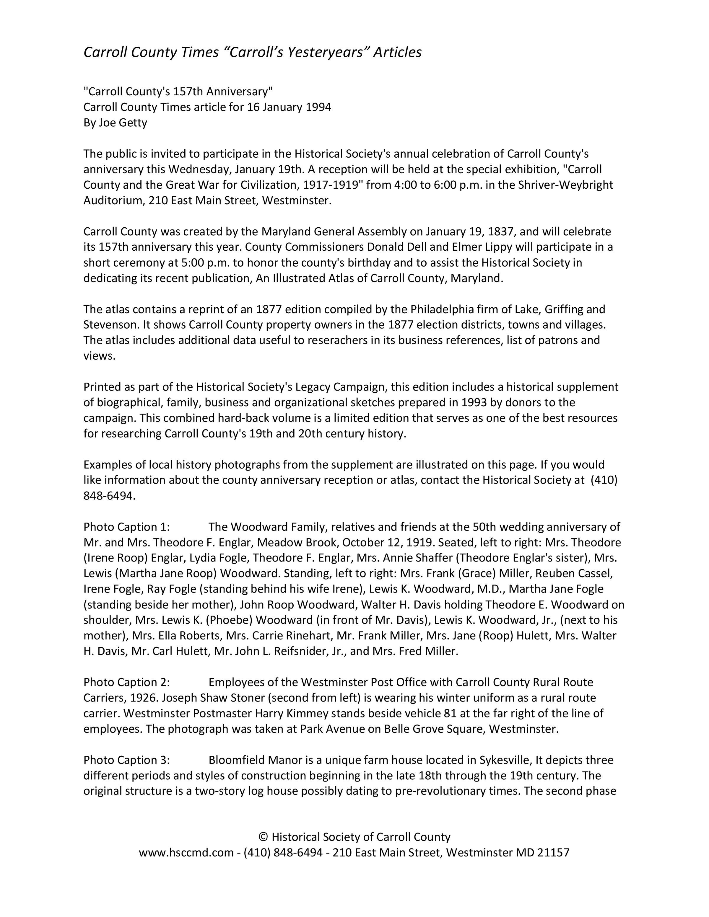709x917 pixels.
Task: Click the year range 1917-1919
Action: (x=333, y=185)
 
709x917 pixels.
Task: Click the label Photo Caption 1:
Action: (x=126, y=527)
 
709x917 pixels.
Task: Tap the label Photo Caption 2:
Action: (x=126, y=682)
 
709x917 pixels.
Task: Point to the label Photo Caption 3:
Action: (x=126, y=760)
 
